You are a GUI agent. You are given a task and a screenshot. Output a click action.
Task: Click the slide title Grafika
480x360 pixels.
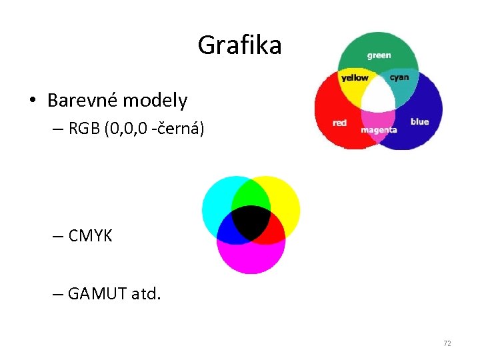[239, 45]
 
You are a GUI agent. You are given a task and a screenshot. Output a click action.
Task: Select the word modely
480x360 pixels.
[157, 101]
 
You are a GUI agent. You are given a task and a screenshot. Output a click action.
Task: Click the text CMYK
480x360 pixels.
[90, 235]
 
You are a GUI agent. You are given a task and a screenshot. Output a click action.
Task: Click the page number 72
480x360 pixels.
[447, 343]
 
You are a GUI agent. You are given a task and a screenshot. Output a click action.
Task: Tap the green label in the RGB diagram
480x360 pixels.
[379, 55]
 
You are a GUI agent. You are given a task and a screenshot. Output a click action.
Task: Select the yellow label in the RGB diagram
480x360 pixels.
[355, 78]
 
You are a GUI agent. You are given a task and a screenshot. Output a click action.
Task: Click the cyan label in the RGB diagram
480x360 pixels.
[399, 77]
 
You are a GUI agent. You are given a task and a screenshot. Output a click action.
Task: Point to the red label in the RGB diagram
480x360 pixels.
[339, 123]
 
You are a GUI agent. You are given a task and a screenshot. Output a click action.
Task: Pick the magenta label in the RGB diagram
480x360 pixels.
[379, 130]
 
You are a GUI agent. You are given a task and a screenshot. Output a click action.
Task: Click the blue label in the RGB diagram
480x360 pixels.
[419, 121]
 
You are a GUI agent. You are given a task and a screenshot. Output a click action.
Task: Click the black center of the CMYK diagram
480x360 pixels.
[251, 222]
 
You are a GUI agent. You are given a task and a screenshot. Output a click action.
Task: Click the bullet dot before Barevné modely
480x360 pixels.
[32, 101]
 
